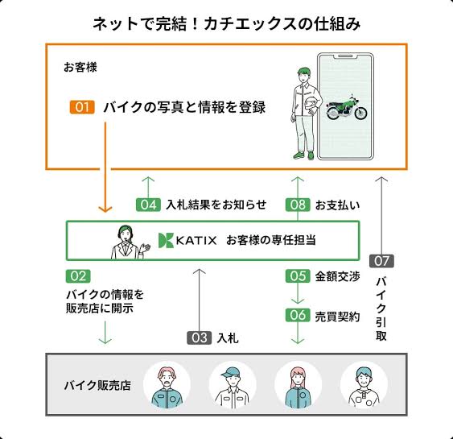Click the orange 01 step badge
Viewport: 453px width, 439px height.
pyautogui.click(x=82, y=107)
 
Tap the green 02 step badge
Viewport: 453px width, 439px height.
pyautogui.click(x=78, y=276)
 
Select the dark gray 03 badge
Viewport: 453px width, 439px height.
pyautogui.click(x=200, y=338)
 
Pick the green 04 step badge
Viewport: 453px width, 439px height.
pyautogui.click(x=148, y=205)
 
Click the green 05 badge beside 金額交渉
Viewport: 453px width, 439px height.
pyautogui.click(x=298, y=276)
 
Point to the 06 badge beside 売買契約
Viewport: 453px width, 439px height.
pyautogui.click(x=298, y=315)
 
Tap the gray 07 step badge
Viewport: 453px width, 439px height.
pyautogui.click(x=381, y=261)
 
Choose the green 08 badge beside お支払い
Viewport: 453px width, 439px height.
pyautogui.click(x=298, y=205)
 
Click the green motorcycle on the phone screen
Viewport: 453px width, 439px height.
pyautogui.click(x=347, y=108)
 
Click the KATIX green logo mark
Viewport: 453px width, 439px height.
pyautogui.click(x=166, y=240)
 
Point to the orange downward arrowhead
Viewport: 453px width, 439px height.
pyautogui.click(x=105, y=209)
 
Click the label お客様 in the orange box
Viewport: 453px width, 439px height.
pyautogui.click(x=80, y=68)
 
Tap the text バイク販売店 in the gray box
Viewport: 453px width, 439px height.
pyautogui.click(x=97, y=386)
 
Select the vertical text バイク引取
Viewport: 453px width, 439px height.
pyautogui.click(x=381, y=309)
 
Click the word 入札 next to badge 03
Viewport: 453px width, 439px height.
pyautogui.click(x=228, y=338)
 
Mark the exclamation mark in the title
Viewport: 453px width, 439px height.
pyautogui.click(x=196, y=23)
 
